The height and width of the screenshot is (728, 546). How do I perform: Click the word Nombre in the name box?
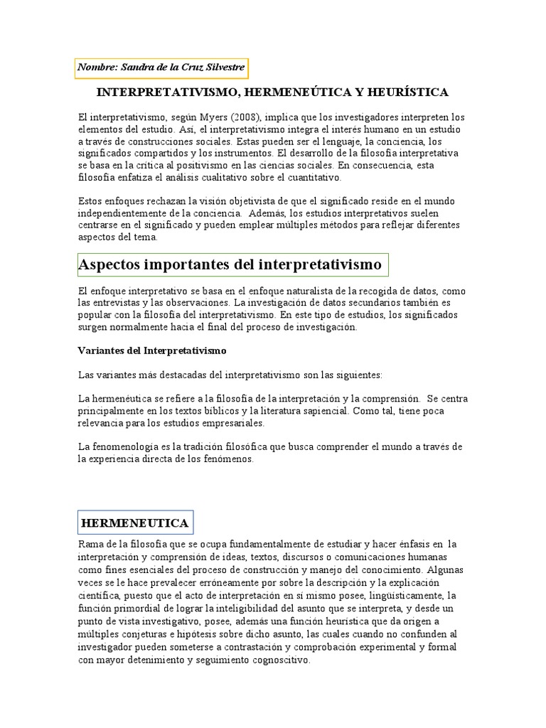point(98,68)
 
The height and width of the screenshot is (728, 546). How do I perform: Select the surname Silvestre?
point(221,68)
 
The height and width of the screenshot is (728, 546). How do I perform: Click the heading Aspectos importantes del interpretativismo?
point(230,265)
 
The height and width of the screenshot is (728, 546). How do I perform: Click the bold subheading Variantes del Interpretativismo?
point(151,351)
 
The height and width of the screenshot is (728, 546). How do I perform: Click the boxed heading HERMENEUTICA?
point(135,523)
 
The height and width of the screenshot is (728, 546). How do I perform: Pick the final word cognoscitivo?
point(276,660)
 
